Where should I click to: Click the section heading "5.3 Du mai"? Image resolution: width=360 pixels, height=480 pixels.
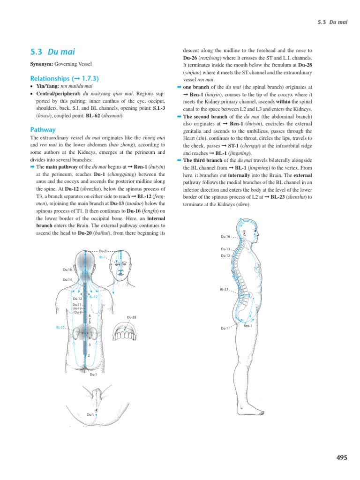pos(52,52)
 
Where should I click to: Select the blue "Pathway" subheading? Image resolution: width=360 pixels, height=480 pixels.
pos(43,129)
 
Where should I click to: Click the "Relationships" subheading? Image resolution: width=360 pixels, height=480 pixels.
pos(64,78)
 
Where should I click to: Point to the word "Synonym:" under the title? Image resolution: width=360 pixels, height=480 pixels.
pos(42,64)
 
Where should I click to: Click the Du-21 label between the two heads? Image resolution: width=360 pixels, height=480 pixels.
pos(103,252)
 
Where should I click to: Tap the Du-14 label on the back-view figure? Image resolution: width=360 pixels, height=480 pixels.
pos(67,280)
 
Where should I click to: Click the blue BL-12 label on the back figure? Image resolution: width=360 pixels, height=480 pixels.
pos(93,297)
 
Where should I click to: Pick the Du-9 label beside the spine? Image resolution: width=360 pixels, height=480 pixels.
pos(78,312)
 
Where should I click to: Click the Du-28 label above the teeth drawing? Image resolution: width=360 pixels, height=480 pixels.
pos(132,317)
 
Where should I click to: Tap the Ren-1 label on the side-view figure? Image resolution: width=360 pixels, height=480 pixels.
pos(248,326)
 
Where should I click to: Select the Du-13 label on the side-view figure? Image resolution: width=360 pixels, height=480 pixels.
pos(225,249)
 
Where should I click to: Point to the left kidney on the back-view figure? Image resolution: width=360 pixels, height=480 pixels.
pos(76,334)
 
